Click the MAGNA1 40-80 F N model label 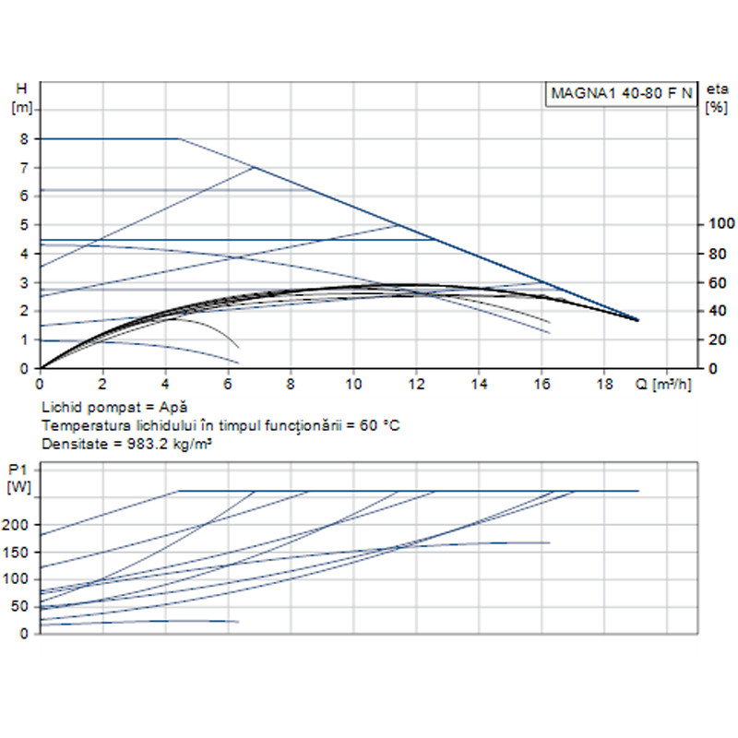[621, 93]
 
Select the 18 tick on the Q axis [604, 383]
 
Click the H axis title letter [21, 89]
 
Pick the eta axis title [716, 89]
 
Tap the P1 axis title [18, 469]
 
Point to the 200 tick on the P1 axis [18, 524]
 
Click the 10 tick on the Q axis [353, 383]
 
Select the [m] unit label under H [21, 107]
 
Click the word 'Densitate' [70, 443]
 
